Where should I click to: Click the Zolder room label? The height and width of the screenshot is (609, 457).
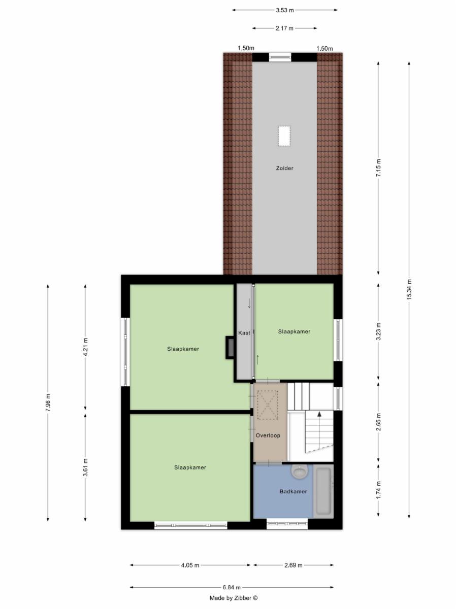click(x=284, y=168)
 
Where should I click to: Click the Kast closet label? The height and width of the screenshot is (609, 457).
click(x=244, y=332)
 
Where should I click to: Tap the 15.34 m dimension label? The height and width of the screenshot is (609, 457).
click(x=409, y=289)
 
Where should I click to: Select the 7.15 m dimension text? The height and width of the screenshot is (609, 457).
click(x=379, y=168)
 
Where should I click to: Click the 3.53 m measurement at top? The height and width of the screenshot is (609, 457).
click(x=285, y=10)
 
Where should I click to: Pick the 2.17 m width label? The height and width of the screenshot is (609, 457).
click(x=284, y=28)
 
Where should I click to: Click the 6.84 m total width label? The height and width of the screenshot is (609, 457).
click(x=232, y=587)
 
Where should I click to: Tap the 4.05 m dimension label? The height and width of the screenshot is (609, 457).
click(x=190, y=565)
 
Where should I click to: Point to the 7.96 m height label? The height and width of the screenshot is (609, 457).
click(x=48, y=403)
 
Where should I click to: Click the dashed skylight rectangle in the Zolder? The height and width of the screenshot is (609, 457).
click(x=284, y=136)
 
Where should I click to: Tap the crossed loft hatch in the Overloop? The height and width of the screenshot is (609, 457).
click(x=268, y=405)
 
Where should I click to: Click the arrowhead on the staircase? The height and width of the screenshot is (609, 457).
click(x=319, y=414)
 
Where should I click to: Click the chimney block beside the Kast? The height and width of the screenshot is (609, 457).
click(x=230, y=348)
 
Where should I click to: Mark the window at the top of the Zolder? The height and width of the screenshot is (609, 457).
click(x=280, y=57)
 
